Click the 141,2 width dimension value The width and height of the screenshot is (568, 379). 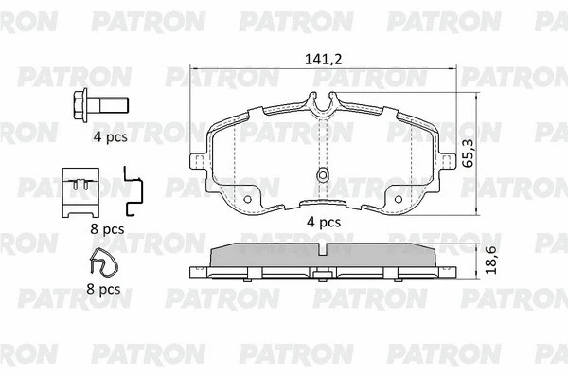click(323, 59)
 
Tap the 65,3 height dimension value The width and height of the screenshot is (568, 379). click(468, 154)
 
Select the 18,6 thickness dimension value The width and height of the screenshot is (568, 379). click(490, 260)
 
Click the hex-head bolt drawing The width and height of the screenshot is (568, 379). click(100, 105)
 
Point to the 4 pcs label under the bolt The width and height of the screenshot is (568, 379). click(111, 137)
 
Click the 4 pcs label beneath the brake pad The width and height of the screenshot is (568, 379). click(324, 222)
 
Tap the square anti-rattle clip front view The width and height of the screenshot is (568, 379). click(80, 192)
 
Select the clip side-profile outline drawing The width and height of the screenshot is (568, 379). click(133, 190)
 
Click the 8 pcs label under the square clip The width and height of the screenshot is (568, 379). click(107, 229)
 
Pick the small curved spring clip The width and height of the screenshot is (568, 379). click(103, 262)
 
